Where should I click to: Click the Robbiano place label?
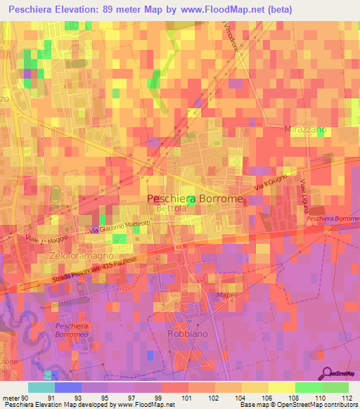(x=186, y=334)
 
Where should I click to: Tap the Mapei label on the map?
(x=226, y=294)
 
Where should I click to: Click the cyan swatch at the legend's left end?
(x=41, y=387)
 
